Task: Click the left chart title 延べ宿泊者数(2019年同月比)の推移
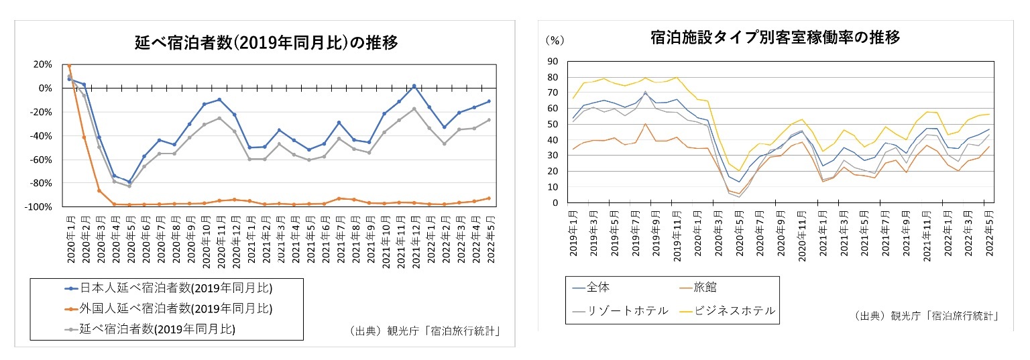coord(266,44)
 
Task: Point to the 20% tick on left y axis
coord(42,64)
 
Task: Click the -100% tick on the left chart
coord(39,207)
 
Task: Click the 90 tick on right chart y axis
coord(553,61)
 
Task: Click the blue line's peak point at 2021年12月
coord(414,86)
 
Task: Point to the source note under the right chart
coord(926,315)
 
